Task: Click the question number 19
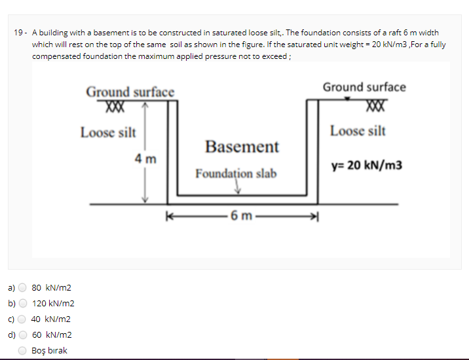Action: [x=19, y=32]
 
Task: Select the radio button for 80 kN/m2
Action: [x=23, y=287]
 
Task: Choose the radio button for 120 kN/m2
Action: [x=23, y=303]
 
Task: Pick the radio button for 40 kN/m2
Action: [x=23, y=319]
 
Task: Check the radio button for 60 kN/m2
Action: [x=23, y=334]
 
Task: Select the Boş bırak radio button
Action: [x=23, y=350]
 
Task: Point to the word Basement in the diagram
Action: [x=242, y=146]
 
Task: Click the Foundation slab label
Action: [x=236, y=173]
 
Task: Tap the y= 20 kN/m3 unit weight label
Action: [x=367, y=165]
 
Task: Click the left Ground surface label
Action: [x=130, y=92]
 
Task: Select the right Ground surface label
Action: [x=364, y=87]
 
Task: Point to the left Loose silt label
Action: [x=108, y=132]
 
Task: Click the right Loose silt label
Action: [x=358, y=131]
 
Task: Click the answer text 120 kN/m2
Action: [x=53, y=303]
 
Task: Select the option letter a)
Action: [x=10, y=287]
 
